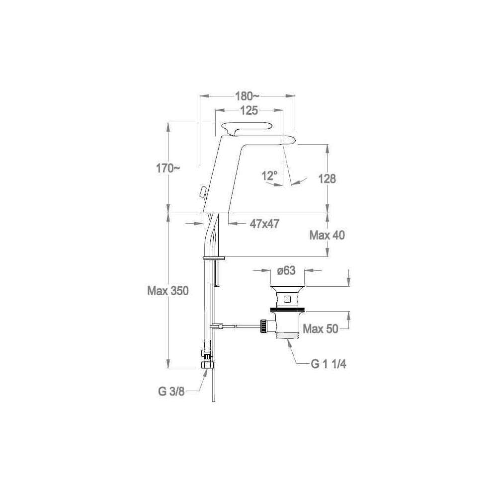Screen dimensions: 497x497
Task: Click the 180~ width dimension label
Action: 247,96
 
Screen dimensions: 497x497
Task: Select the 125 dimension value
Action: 249,111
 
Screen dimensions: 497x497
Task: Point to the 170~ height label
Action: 167,168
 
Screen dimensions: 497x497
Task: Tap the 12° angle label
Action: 270,175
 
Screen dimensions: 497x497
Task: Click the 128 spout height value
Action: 327,179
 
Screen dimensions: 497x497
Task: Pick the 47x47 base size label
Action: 265,224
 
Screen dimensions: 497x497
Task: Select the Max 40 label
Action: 327,235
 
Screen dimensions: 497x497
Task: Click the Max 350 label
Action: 168,291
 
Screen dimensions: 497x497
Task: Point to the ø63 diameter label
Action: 286,271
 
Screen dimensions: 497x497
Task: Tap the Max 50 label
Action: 321,329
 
